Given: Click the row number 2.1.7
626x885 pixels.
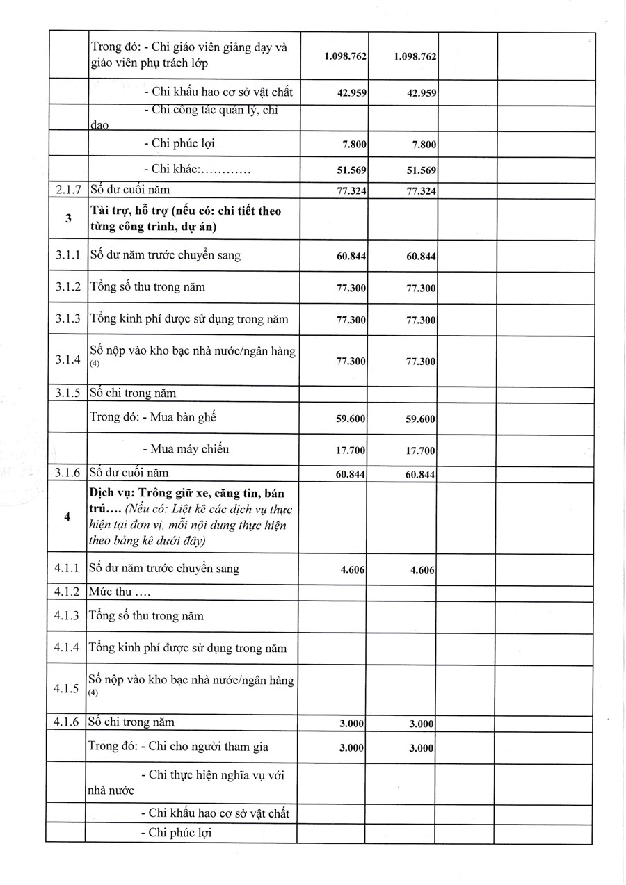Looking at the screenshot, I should tap(67, 189).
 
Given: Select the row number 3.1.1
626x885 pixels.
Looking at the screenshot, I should tap(67, 255).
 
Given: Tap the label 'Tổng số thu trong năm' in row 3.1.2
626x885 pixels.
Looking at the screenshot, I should tap(147, 286).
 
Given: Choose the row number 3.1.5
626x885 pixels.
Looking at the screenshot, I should tap(67, 393).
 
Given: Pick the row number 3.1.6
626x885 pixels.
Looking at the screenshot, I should tap(67, 473).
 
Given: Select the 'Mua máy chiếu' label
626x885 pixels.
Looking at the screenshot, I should tap(186, 448).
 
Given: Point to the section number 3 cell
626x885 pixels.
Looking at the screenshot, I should tap(67, 218).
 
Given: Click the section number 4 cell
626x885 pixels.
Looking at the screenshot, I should tap(67, 517).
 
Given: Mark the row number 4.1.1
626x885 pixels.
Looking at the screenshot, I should tap(67, 569).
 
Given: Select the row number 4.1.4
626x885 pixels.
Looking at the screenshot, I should tap(67, 648).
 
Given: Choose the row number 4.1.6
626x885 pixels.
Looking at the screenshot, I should tap(67, 722).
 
